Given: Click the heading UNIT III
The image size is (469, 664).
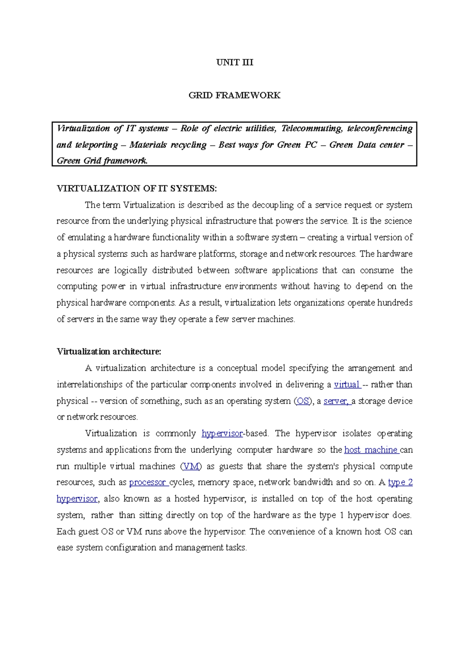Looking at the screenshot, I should click(x=234, y=63).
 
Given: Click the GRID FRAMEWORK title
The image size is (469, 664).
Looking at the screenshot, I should click(x=234, y=95).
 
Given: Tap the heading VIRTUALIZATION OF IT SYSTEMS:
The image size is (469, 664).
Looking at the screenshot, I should click(x=136, y=188).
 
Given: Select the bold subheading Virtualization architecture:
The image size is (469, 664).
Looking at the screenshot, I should click(x=109, y=352).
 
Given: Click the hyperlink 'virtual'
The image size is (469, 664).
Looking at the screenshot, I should click(x=347, y=385).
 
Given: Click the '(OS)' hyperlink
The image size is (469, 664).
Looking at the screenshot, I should click(x=303, y=401).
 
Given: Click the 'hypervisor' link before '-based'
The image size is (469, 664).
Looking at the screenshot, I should click(x=222, y=434).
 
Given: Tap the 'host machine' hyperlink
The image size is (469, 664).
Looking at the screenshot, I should click(x=371, y=450).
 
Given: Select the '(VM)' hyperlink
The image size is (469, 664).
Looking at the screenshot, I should click(x=191, y=467).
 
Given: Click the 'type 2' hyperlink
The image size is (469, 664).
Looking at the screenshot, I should click(x=400, y=483).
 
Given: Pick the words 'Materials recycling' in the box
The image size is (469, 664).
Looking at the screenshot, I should click(x=168, y=145).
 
